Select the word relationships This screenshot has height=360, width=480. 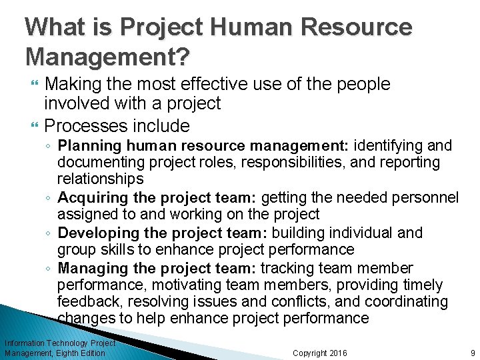pos(100,179)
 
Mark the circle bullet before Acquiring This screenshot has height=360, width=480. pos(49,198)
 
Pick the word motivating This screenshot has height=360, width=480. pos(173,285)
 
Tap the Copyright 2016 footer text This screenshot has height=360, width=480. pos(320,353)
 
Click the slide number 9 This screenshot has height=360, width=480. pos(472,353)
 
